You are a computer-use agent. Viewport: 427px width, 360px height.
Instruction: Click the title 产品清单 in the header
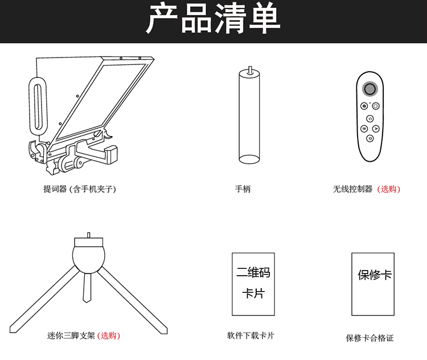[213, 19]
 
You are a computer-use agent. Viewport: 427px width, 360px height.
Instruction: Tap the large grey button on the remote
[369, 89]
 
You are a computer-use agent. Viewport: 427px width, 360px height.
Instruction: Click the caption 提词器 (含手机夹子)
[80, 189]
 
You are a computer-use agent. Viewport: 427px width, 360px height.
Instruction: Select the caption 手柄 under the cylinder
[243, 189]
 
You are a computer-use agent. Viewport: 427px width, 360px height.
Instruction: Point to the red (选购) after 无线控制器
[389, 189]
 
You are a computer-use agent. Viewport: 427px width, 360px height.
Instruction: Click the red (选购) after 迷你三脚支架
[109, 336]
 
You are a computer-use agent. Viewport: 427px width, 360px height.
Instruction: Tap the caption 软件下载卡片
[251, 336]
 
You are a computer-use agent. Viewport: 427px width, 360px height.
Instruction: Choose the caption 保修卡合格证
[369, 338]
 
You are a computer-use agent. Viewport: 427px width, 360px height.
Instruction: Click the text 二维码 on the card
[253, 272]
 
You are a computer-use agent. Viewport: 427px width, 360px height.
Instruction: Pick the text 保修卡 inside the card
[375, 275]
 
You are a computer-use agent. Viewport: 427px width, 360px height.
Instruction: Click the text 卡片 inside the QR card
[253, 293]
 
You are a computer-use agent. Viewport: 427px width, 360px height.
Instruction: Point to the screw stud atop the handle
[250, 69]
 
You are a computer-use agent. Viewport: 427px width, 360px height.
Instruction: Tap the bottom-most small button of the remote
[369, 138]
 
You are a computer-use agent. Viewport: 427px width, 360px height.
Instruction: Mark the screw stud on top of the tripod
[88, 235]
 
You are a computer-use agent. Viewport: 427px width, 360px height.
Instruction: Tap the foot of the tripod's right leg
[163, 330]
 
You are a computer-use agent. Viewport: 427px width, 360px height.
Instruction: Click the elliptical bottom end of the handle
[249, 159]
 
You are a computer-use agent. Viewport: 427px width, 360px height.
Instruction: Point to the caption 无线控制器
[352, 189]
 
